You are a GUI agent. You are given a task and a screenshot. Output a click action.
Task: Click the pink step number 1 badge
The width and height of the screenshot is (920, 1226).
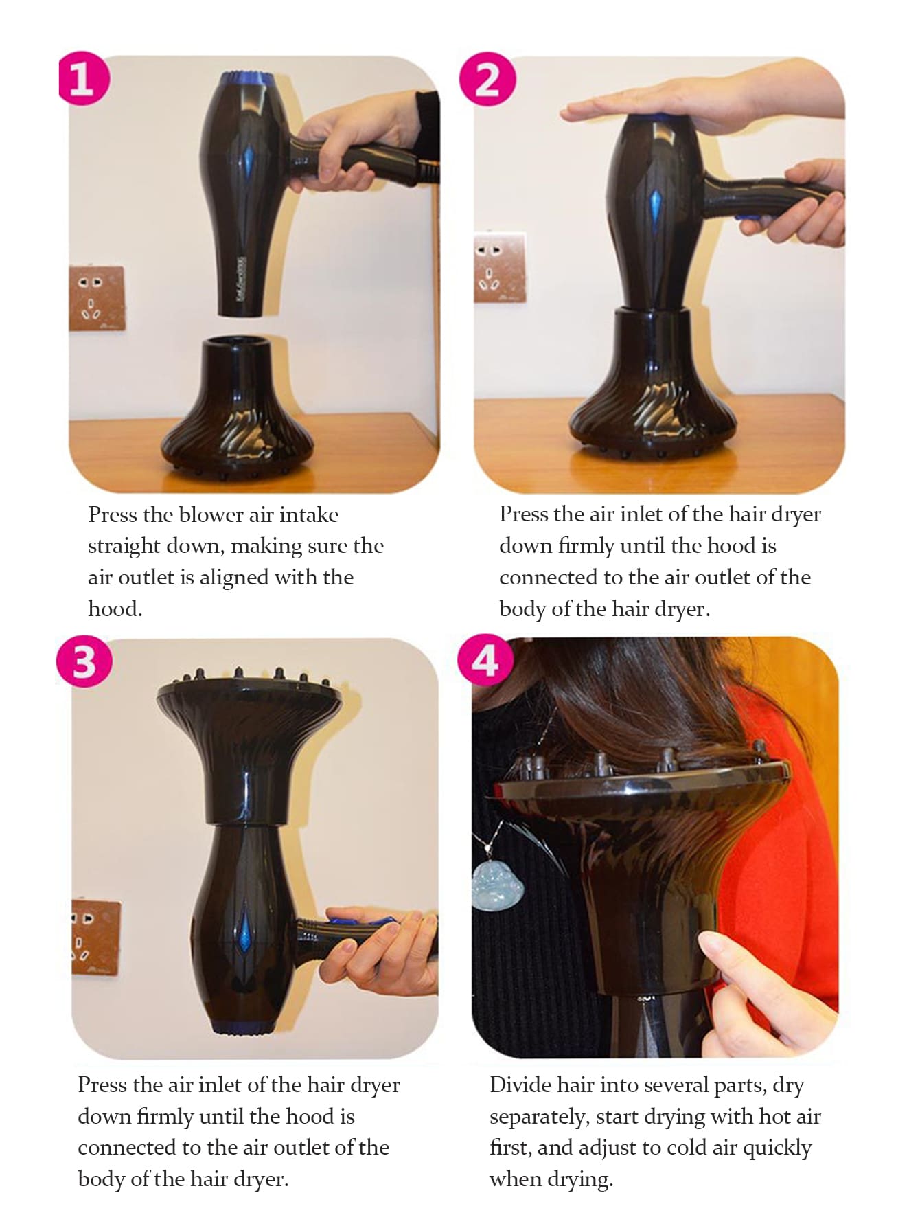pos(82,78)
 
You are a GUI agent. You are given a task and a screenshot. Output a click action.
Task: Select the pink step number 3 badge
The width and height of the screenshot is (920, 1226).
pos(84,661)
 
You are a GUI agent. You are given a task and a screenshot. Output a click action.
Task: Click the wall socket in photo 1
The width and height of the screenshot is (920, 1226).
pos(97,299)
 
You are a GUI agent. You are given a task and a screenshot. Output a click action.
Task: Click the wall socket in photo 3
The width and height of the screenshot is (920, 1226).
pos(96,938)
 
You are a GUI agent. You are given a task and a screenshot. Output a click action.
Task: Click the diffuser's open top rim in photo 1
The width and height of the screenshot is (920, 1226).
pos(238,341)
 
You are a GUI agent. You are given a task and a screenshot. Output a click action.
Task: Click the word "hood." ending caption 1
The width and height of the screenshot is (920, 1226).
pos(115,609)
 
